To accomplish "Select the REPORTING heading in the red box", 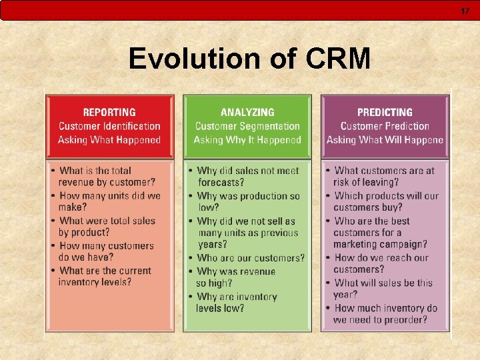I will [x=109, y=113].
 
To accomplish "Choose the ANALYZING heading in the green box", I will [x=247, y=113].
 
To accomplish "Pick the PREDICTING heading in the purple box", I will [x=385, y=113].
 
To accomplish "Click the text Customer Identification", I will [x=109, y=126].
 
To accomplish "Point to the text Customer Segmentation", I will [x=247, y=126].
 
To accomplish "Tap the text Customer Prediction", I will [x=385, y=126].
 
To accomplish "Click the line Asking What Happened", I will [x=109, y=140].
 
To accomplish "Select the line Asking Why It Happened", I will [x=247, y=140].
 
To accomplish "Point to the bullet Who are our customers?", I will [x=249, y=258].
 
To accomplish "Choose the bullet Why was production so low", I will [x=248, y=201].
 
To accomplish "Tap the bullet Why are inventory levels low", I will [x=237, y=302].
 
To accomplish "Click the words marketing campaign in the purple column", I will [x=380, y=245].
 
